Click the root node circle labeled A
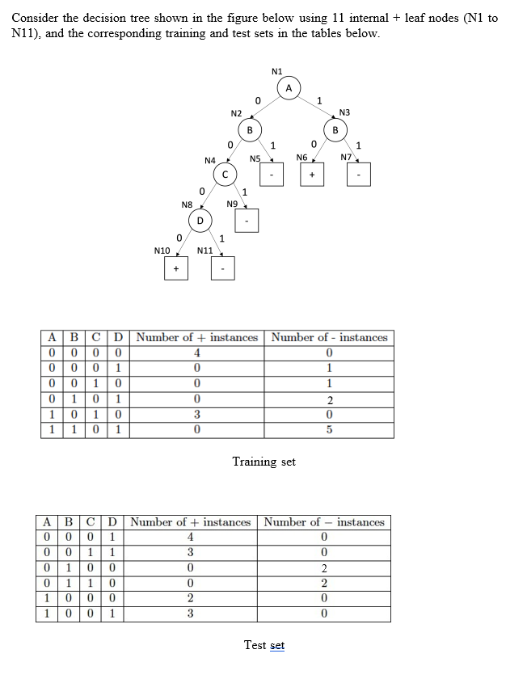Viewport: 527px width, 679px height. (288, 87)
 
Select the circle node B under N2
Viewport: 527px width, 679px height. (250, 130)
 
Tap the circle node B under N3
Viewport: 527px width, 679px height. (334, 130)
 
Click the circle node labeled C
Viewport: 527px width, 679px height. (225, 174)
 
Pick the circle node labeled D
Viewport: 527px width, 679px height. (200, 219)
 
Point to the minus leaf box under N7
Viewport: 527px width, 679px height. (359, 174)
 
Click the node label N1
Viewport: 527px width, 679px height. (277, 70)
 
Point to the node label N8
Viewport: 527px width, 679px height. (187, 205)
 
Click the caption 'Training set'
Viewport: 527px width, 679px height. (263, 462)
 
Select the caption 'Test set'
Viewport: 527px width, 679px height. (263, 645)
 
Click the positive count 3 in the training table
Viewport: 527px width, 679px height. (196, 414)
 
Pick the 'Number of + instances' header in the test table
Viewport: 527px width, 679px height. (191, 522)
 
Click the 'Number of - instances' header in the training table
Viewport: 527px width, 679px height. (330, 337)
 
